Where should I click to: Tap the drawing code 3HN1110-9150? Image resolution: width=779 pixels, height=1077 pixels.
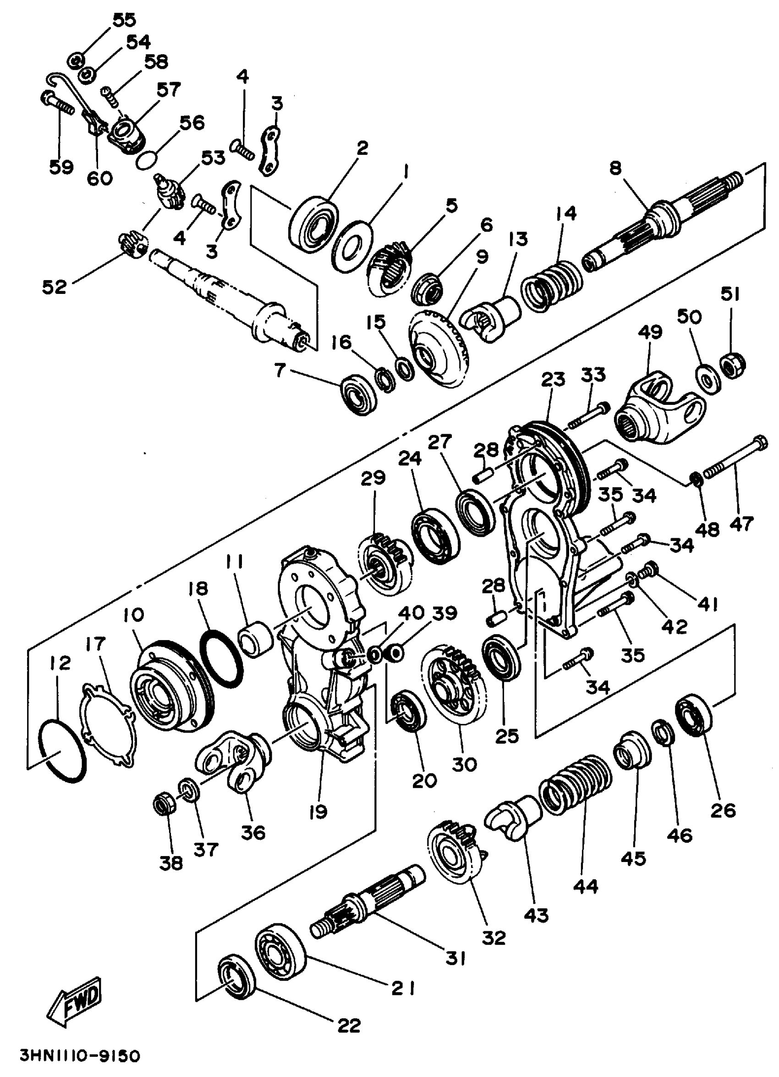pos(80,1056)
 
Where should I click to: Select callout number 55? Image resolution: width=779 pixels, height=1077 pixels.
pos(124,20)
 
